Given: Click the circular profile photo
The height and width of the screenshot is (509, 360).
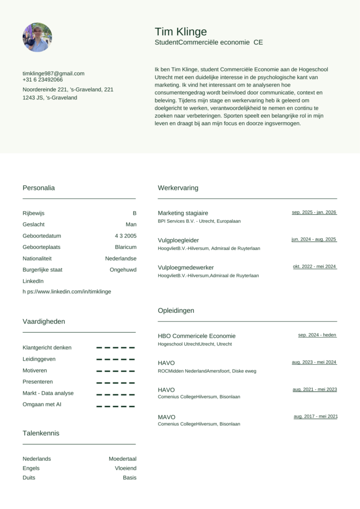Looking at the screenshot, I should pos(37,37).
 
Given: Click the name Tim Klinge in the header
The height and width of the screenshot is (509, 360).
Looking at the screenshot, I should pos(180,32).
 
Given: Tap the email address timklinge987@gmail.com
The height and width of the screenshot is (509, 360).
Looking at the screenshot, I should pos(53,73).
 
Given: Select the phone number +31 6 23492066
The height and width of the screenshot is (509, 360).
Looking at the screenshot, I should pos(43,80).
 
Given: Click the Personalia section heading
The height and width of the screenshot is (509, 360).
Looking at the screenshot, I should pos(39,188).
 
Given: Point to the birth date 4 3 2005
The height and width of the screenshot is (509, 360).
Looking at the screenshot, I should pos(125,236).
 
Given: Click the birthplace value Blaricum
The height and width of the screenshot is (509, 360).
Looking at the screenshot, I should pos(125,247).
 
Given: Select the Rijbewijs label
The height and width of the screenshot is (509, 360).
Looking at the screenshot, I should pos(33,213).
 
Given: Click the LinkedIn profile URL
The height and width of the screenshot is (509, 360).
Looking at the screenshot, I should pos(67,291).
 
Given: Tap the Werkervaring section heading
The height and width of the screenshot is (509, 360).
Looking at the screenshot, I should pos(178,188).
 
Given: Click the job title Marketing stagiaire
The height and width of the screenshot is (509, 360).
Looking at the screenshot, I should pos(183,213).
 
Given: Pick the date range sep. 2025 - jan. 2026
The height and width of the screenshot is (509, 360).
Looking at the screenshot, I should pos(314,212).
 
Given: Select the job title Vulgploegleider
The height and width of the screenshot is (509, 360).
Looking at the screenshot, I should pos(178,240).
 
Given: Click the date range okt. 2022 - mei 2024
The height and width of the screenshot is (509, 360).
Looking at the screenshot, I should pos(314,266).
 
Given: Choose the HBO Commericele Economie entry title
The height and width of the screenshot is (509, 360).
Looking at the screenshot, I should pos(196,336).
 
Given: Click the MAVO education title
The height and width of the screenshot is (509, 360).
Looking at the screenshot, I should pos(167,417).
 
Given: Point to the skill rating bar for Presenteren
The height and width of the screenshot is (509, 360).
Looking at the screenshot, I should pos(115,382).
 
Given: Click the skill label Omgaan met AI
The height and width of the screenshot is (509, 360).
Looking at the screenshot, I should pos(42,405).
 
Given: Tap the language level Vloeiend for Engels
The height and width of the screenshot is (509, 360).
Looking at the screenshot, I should pos(125,468).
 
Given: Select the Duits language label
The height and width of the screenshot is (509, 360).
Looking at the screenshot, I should pos(29,478).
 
